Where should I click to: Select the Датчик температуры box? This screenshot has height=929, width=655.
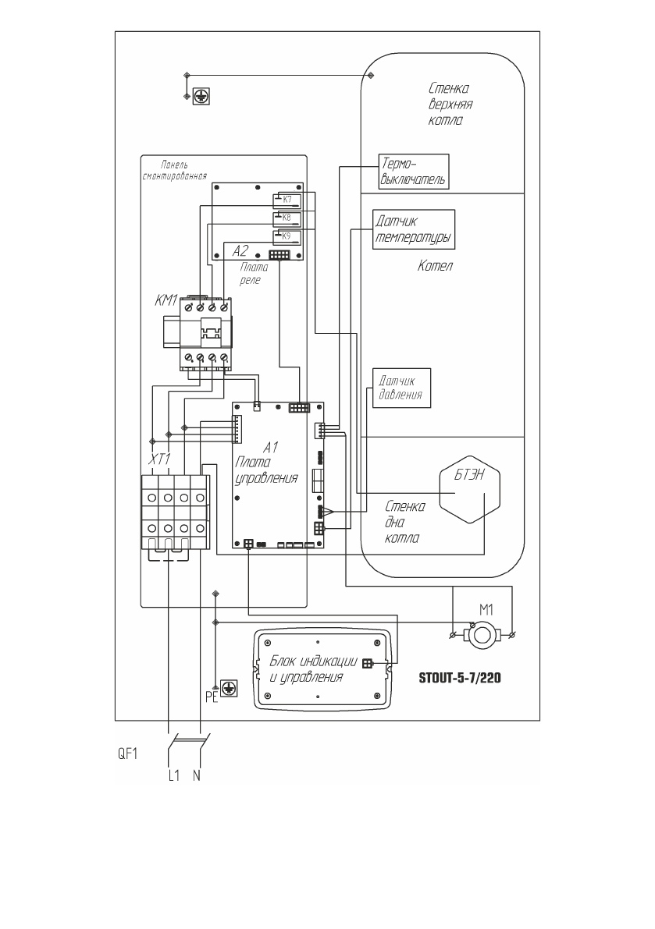pyautogui.click(x=414, y=229)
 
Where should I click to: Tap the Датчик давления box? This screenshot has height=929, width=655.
pyautogui.click(x=401, y=386)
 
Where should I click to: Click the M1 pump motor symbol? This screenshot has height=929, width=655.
pyautogui.click(x=482, y=634)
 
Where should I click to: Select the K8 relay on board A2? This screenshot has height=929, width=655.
pyautogui.click(x=287, y=218)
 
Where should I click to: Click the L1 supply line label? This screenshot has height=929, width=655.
pyautogui.click(x=175, y=777)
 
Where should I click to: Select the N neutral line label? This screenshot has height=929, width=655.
pyautogui.click(x=197, y=777)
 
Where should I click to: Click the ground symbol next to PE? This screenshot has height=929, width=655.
pyautogui.click(x=229, y=687)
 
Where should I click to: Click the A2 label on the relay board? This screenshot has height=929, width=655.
pyautogui.click(x=241, y=251)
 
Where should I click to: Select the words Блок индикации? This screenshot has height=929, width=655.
pyautogui.click(x=313, y=661)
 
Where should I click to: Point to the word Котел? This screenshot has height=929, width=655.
pyautogui.click(x=435, y=267)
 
